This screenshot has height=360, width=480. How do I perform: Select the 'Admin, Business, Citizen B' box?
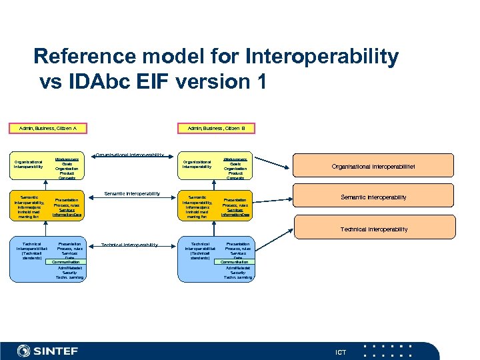tap(216, 128)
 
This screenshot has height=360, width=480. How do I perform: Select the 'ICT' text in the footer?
tap(341, 352)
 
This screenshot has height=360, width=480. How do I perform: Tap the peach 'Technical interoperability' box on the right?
tap(373, 229)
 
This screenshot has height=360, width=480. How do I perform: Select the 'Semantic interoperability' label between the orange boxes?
tap(133, 194)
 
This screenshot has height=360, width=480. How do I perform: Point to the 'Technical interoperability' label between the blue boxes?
tap(129, 245)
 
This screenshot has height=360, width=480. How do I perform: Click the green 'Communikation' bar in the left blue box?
tap(66, 262)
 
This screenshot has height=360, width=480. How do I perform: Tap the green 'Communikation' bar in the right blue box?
tap(235, 262)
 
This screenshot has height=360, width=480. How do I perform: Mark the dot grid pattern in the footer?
tap(389, 351)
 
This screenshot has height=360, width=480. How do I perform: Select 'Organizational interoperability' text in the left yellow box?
tap(29, 164)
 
